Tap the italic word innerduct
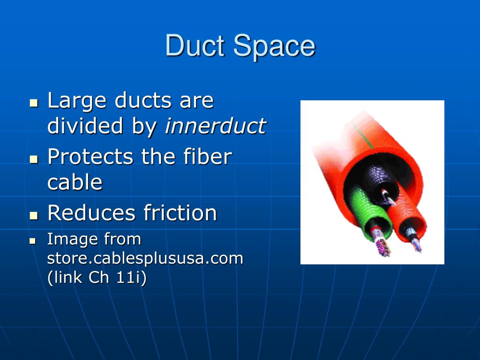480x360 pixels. pos(215,126)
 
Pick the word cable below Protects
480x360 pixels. pos(75,182)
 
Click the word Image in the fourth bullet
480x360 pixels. pos(69,240)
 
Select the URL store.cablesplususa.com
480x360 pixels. pos(145,258)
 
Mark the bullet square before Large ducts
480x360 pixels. pos(33,102)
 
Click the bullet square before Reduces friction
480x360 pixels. pos(33,215)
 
